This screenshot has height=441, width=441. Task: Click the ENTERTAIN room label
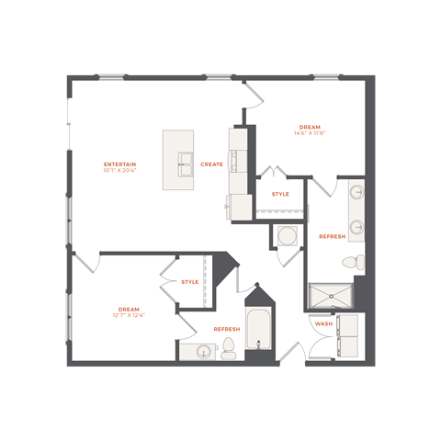[119, 164]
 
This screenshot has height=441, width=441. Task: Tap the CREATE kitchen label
[211, 164]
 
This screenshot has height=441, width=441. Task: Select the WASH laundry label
[323, 323]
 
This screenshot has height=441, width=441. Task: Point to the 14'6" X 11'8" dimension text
[310, 133]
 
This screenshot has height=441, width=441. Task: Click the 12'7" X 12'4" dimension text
[129, 315]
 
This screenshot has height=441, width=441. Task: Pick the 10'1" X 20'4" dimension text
[119, 170]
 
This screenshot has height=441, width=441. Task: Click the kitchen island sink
[186, 164]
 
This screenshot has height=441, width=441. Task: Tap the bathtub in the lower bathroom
[258, 328]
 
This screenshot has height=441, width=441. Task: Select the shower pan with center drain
[331, 296]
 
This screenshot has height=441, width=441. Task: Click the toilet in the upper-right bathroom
[354, 263]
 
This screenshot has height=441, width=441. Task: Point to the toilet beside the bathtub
[229, 348]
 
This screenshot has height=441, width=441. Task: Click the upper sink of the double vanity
[356, 192]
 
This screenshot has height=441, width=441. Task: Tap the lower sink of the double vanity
[356, 227]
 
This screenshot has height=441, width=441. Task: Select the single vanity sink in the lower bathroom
[202, 351]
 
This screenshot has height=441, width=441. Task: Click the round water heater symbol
[288, 236]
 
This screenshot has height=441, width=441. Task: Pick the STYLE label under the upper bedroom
[280, 194]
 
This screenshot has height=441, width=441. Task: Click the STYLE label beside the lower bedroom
[190, 282]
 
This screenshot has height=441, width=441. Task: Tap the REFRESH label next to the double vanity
[333, 236]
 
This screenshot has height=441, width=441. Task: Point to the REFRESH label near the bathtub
[227, 329]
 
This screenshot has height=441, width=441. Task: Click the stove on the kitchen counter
[239, 161]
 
